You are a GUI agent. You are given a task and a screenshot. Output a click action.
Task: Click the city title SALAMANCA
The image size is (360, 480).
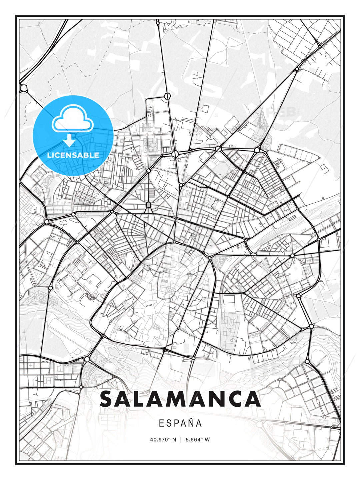click(180, 399)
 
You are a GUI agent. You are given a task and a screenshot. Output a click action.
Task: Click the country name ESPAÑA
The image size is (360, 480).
click(180, 423)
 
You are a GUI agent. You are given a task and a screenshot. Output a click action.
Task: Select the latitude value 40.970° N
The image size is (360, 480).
click(163, 440)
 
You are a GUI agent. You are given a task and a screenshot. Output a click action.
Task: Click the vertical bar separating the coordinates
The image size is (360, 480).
click(180, 440)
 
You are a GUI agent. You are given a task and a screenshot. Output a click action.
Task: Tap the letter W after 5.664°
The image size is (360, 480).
click(207, 440)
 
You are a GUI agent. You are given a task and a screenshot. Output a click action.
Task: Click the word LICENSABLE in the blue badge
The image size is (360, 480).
click(73, 155)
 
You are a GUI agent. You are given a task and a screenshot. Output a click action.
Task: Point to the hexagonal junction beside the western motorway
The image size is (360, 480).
click(24, 88)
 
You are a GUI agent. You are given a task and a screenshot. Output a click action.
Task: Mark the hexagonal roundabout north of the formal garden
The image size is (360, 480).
click(167, 96)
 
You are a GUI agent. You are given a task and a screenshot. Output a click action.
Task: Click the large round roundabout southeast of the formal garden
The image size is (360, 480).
click(175, 153)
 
